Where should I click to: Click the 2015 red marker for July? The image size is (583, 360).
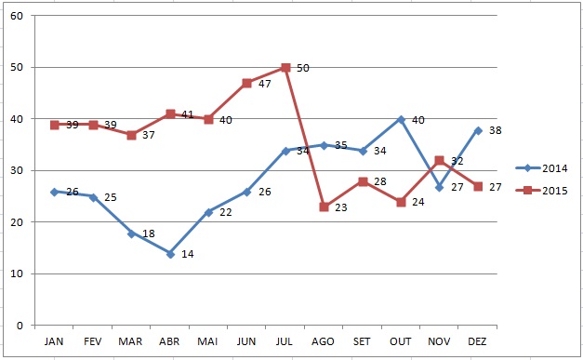coord(285,68)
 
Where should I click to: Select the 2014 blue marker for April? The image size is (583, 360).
coord(170,253)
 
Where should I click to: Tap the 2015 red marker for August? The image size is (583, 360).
coord(324,207)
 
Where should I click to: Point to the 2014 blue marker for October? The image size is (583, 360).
coord(401,119)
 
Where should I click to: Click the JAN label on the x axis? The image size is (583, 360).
coord(55,342)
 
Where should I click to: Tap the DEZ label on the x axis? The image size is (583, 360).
coord(478,342)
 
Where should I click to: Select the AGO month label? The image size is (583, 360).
coord(324,342)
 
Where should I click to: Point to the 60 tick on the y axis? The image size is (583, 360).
coord(17,16)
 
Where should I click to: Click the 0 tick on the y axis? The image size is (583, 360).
coord(20,326)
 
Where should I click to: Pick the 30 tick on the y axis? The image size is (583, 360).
coord(17,171)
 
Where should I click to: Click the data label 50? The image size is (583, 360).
coord(303,68)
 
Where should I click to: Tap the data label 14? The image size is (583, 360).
coord(188,254)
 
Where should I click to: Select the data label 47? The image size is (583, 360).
coord(265,84)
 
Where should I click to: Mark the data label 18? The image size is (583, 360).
coord(149,233)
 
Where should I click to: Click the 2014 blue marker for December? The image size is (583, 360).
coord(478,130)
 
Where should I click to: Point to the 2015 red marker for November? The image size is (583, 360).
coord(439,161)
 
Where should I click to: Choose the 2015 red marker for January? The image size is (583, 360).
coord(55,125)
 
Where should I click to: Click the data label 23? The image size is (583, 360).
coord(341,208)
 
